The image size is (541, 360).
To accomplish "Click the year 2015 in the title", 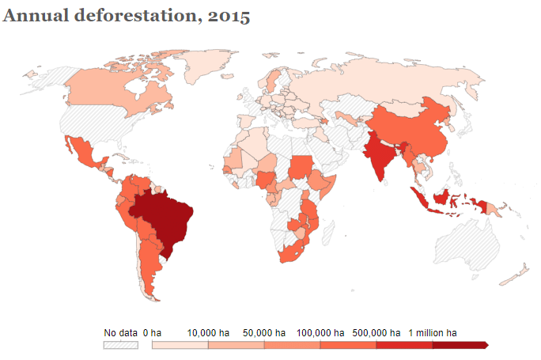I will [x=229, y=16].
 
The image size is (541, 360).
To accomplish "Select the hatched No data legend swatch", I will [x=121, y=346].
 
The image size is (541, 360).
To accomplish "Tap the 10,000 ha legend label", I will [x=209, y=333].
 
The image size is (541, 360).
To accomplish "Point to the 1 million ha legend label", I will [x=433, y=333].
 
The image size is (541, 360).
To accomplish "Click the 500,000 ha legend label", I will [x=376, y=333].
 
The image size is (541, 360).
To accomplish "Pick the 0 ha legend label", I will [x=152, y=333].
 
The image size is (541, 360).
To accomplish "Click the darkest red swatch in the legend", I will [x=459, y=346].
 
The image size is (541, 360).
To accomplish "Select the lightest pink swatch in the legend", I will [x=180, y=346].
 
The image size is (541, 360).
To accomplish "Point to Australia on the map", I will [x=467, y=237].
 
